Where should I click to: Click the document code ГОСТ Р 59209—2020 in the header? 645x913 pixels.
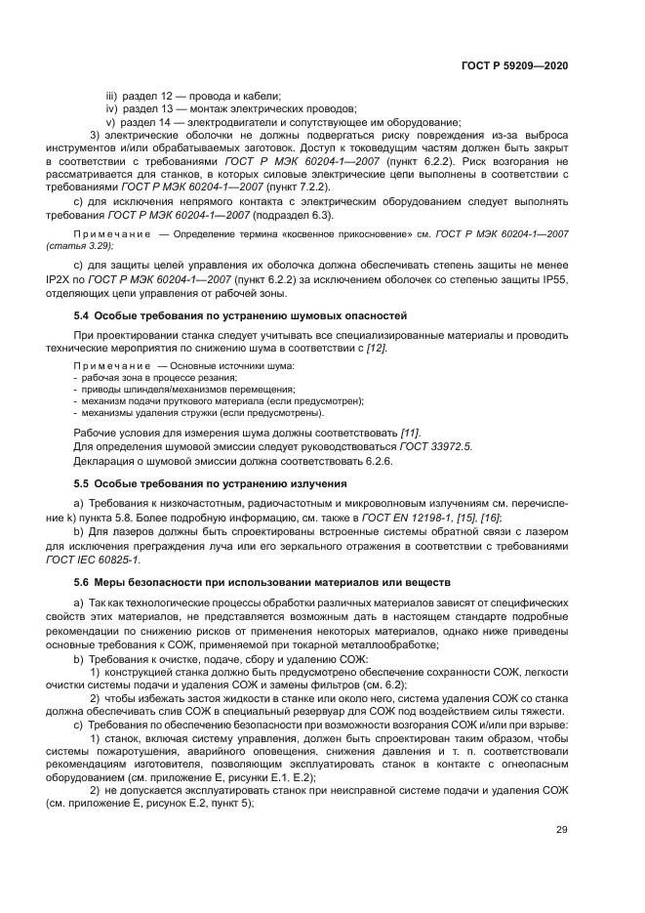tap(514, 65)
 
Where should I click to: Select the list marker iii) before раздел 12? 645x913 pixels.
tap(113, 96)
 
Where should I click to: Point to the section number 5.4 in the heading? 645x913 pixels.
tap(82, 315)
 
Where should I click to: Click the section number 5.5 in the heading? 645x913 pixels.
tap(82, 483)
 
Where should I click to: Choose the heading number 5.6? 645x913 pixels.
tap(82, 583)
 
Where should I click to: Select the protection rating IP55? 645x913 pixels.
tap(553, 280)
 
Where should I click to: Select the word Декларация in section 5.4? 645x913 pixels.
tap(104, 460)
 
